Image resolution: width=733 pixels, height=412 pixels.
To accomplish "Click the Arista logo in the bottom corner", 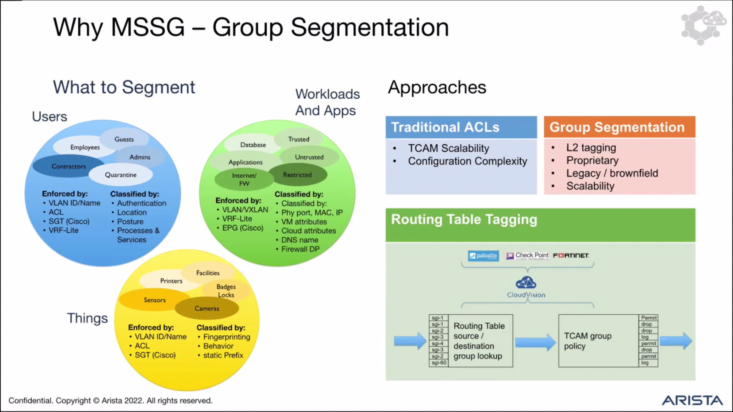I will pos(692,400).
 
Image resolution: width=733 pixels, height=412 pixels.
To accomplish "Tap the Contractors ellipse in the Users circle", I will pos(68,166).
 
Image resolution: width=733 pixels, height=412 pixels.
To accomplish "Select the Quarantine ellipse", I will pos(121,175).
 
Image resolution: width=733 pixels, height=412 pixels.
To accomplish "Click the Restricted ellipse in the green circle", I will pos(297,175).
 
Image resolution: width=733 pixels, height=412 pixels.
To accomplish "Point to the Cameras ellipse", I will pos(207,309).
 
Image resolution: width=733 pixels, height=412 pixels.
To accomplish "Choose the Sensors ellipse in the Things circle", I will pos(155,300).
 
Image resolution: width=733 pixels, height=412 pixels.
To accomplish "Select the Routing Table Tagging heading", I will pos(464,219).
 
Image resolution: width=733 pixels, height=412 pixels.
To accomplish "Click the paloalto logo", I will pos(483,256).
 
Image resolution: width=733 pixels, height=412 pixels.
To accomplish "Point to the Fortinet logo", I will pos(571,255).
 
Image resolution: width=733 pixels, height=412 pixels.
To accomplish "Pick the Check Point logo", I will pos(527,255).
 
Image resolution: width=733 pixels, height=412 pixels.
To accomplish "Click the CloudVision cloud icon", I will pos(526,283).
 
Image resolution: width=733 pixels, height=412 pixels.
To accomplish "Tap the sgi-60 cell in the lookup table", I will pos(439,363).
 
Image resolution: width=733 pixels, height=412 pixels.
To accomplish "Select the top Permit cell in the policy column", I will pos(648,318).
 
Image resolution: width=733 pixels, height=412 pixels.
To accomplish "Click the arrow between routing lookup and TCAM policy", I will pos(535,342).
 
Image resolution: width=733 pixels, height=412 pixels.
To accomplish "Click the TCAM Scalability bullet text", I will pos(448,148).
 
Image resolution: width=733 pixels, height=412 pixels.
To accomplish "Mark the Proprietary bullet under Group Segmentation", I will pos(592,161).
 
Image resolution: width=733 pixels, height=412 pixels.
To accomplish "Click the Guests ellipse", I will pos(124,139).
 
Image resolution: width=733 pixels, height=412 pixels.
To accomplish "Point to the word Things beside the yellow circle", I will pos(87,318).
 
